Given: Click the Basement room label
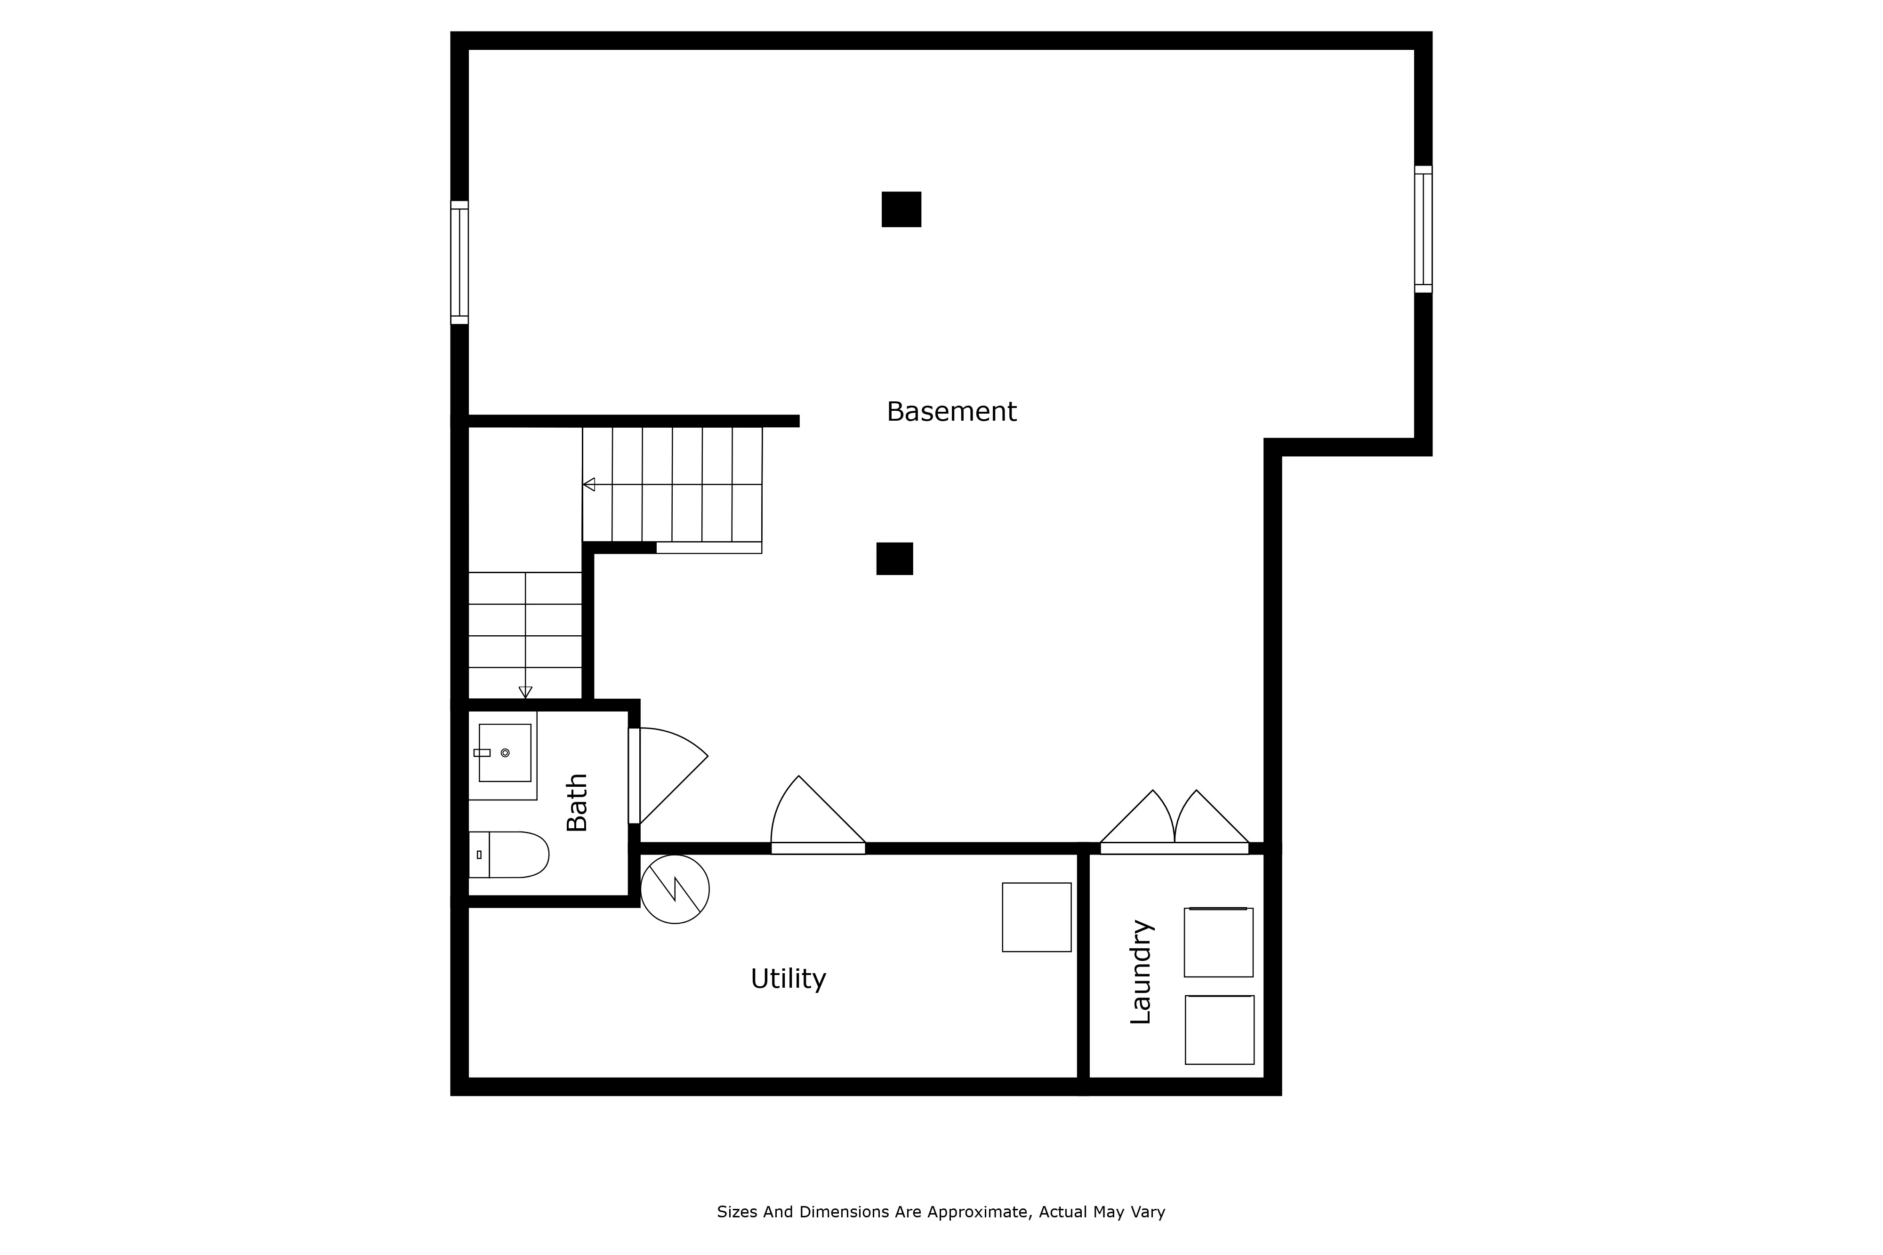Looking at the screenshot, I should (951, 412).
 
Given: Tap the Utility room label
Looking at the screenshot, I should (788, 979).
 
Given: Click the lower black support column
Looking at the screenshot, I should (894, 559).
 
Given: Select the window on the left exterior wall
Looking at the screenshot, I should (459, 263).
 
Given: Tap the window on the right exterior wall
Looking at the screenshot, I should (1423, 229).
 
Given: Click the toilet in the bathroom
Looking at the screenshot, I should (512, 855).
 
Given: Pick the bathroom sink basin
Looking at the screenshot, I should (504, 752).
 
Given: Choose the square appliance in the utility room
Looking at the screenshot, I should (1036, 917).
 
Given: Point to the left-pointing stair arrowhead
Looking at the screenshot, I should (589, 484).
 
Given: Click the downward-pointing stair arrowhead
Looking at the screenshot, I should (525, 692).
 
